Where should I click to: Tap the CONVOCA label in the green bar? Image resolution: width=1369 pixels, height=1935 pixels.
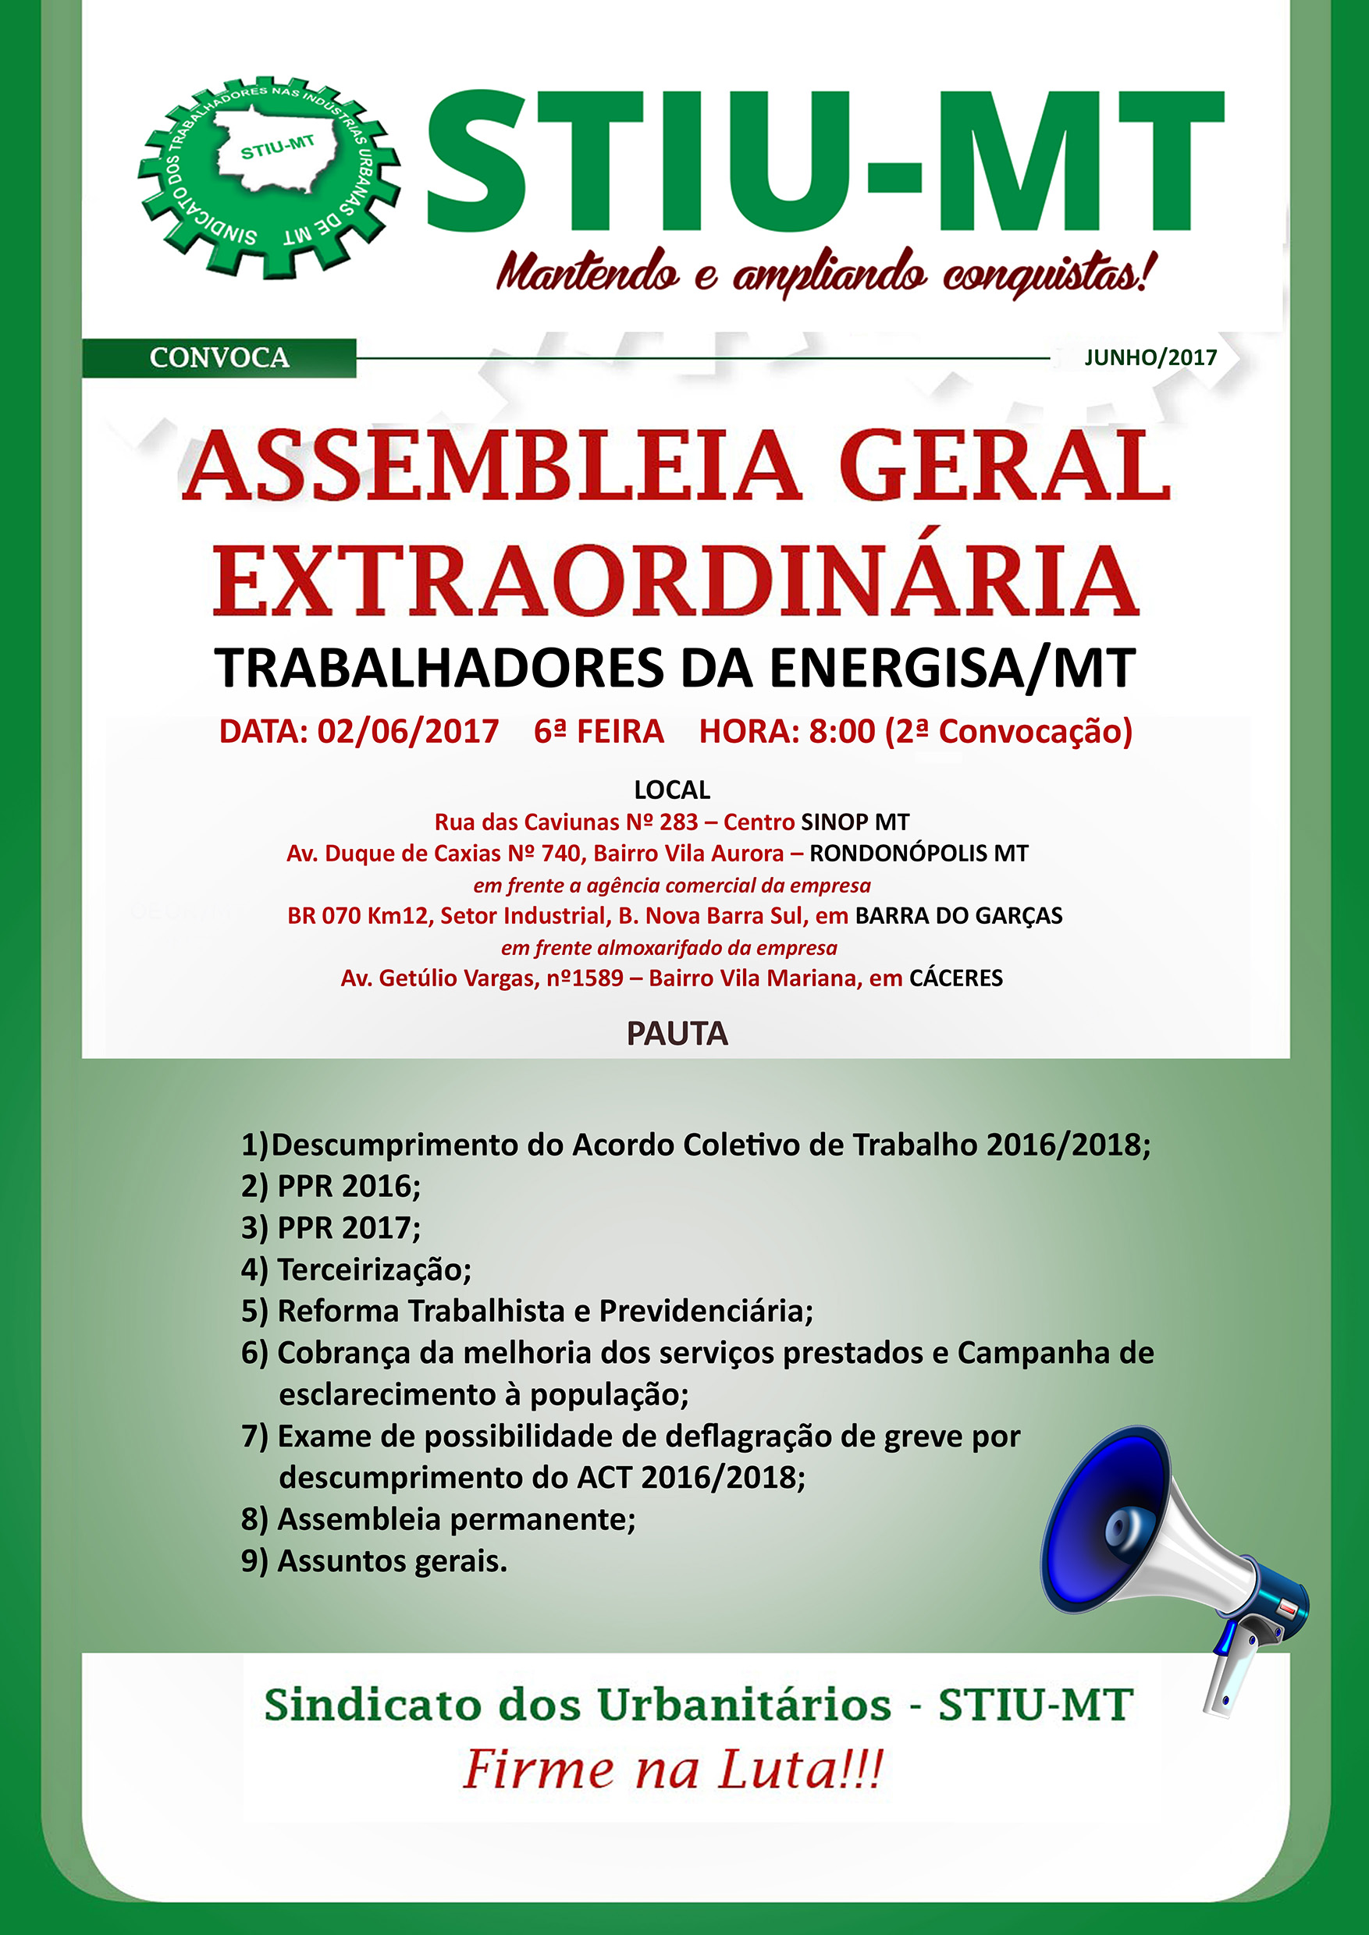219,357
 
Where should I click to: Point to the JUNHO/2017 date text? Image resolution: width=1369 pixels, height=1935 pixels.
1150,357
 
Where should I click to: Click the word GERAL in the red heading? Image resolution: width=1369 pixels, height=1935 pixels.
1004,465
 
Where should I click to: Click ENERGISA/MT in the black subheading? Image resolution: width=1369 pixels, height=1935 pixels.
952,669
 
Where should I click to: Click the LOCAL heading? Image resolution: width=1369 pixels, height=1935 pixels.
672,790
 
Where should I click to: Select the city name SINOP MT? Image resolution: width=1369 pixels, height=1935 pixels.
855,822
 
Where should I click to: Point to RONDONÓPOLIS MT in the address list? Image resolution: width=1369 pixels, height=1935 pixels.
919,853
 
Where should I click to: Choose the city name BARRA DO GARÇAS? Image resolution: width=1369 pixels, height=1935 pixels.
958,915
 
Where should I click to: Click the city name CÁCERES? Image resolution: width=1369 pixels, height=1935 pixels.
956,978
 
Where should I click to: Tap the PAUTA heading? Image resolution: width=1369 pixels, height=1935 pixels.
677,1034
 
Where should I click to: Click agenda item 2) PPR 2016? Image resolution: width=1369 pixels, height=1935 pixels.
331,1187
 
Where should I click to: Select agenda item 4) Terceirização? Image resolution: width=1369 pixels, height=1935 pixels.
357,1269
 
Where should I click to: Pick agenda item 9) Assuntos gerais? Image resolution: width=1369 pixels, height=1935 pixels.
375,1560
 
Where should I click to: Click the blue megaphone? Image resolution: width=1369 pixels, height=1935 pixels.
1172,1559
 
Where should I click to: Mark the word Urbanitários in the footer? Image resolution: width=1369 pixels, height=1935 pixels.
745,1706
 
